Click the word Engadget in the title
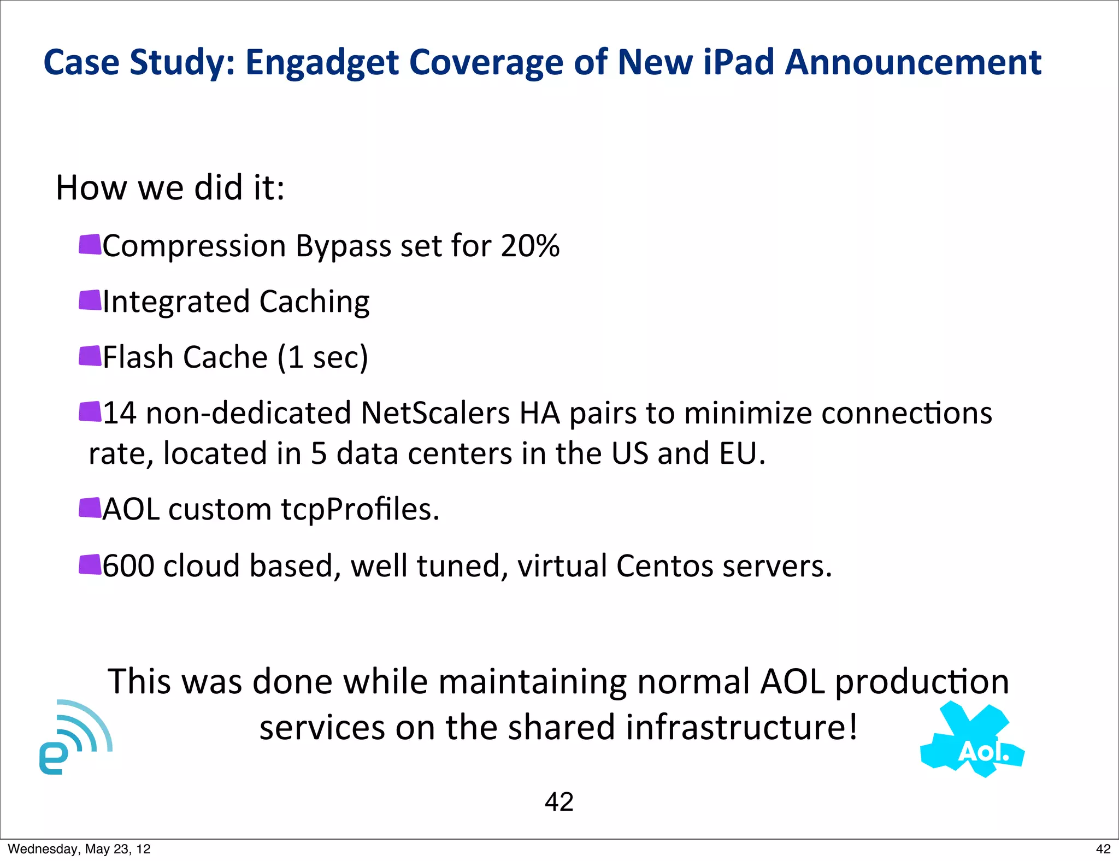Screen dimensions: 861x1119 (x=321, y=63)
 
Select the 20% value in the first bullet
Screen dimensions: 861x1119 (x=530, y=246)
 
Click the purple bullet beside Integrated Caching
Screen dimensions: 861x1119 (x=90, y=300)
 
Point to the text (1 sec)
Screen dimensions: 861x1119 (x=322, y=358)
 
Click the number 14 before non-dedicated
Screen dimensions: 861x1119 (x=120, y=413)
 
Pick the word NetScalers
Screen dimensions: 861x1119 (x=435, y=413)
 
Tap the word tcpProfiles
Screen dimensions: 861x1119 (x=360, y=510)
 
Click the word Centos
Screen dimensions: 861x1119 (x=664, y=566)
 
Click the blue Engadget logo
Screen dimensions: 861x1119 (x=75, y=738)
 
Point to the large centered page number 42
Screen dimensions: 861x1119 (x=559, y=802)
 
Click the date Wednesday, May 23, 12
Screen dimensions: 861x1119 (x=79, y=849)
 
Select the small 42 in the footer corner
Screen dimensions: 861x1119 (x=1103, y=849)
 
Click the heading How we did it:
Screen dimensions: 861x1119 (x=170, y=188)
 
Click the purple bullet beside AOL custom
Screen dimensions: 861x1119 (x=90, y=508)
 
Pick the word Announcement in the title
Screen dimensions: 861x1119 (x=913, y=62)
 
